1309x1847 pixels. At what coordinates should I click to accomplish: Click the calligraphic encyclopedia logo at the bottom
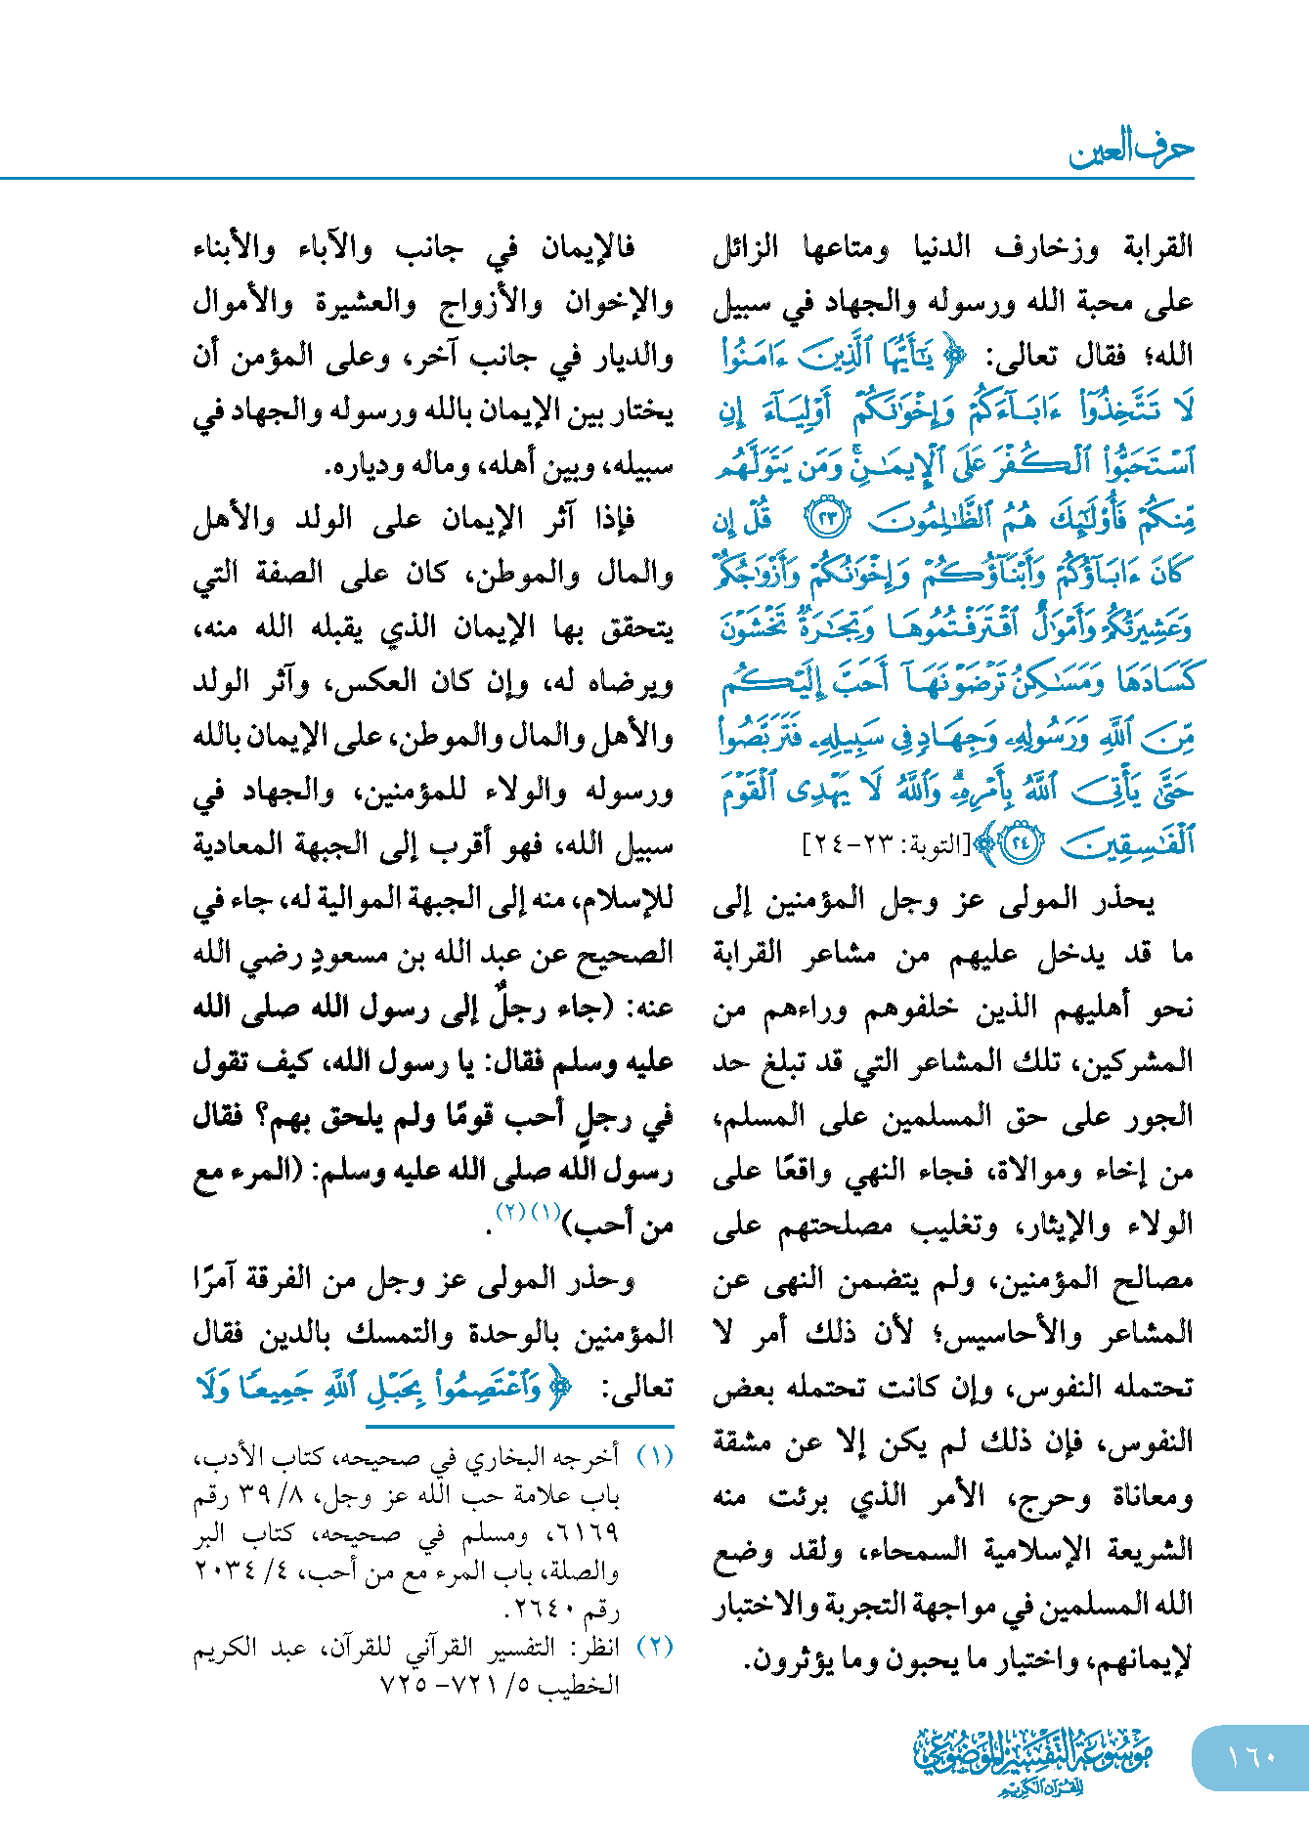[1033, 1760]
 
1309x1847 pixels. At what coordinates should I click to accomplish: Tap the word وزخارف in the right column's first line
[1047, 247]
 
